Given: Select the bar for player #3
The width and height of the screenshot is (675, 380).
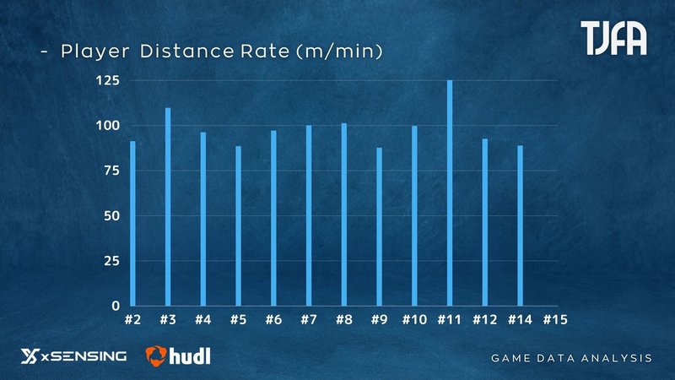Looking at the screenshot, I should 168,207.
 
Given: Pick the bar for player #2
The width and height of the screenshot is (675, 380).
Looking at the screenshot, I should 132,223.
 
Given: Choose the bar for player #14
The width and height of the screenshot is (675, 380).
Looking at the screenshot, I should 520,225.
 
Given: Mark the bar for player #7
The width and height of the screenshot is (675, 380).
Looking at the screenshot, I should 309,215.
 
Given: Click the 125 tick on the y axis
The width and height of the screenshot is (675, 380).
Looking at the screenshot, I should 106,81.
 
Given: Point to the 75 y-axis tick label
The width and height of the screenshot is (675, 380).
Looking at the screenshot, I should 111,171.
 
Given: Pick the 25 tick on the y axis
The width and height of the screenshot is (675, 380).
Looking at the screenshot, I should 111,261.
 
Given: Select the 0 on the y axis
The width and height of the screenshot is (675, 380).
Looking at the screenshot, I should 116,306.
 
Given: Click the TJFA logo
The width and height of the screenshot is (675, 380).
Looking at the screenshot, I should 614,39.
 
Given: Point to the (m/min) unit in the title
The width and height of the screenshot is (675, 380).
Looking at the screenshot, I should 340,52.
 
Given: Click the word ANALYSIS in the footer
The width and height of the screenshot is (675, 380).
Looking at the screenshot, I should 620,358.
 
